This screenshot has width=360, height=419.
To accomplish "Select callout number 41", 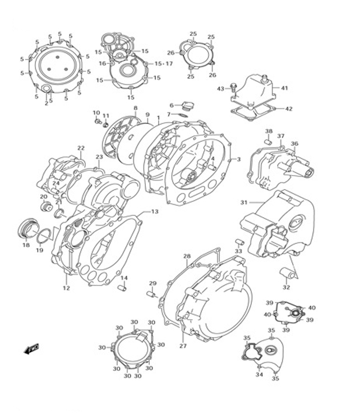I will [284, 88].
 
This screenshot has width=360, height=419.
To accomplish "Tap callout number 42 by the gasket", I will [289, 109].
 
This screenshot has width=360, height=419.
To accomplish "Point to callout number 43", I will [220, 89].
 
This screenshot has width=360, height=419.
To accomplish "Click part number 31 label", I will [243, 202].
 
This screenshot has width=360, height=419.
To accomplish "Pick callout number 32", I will [287, 287].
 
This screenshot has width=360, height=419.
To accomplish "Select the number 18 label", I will [26, 245].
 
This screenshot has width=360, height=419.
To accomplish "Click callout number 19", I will [39, 250].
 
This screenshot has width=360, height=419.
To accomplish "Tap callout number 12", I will [66, 288].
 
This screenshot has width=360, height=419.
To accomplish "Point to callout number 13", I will [154, 211].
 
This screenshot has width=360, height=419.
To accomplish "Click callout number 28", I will [187, 256].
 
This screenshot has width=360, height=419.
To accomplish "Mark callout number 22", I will [81, 148].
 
